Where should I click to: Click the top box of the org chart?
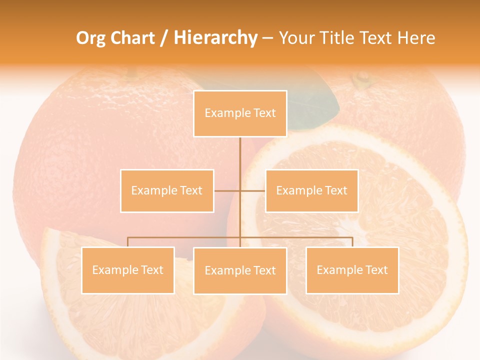240,113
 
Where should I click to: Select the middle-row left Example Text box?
167,190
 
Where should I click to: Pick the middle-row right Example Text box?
311,190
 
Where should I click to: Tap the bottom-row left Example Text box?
128,270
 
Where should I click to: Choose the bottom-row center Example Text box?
240,270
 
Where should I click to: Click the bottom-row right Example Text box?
352,270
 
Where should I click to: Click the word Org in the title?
90,38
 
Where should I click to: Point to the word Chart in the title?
132,38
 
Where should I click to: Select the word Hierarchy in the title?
215,38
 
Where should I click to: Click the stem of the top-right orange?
361,78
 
